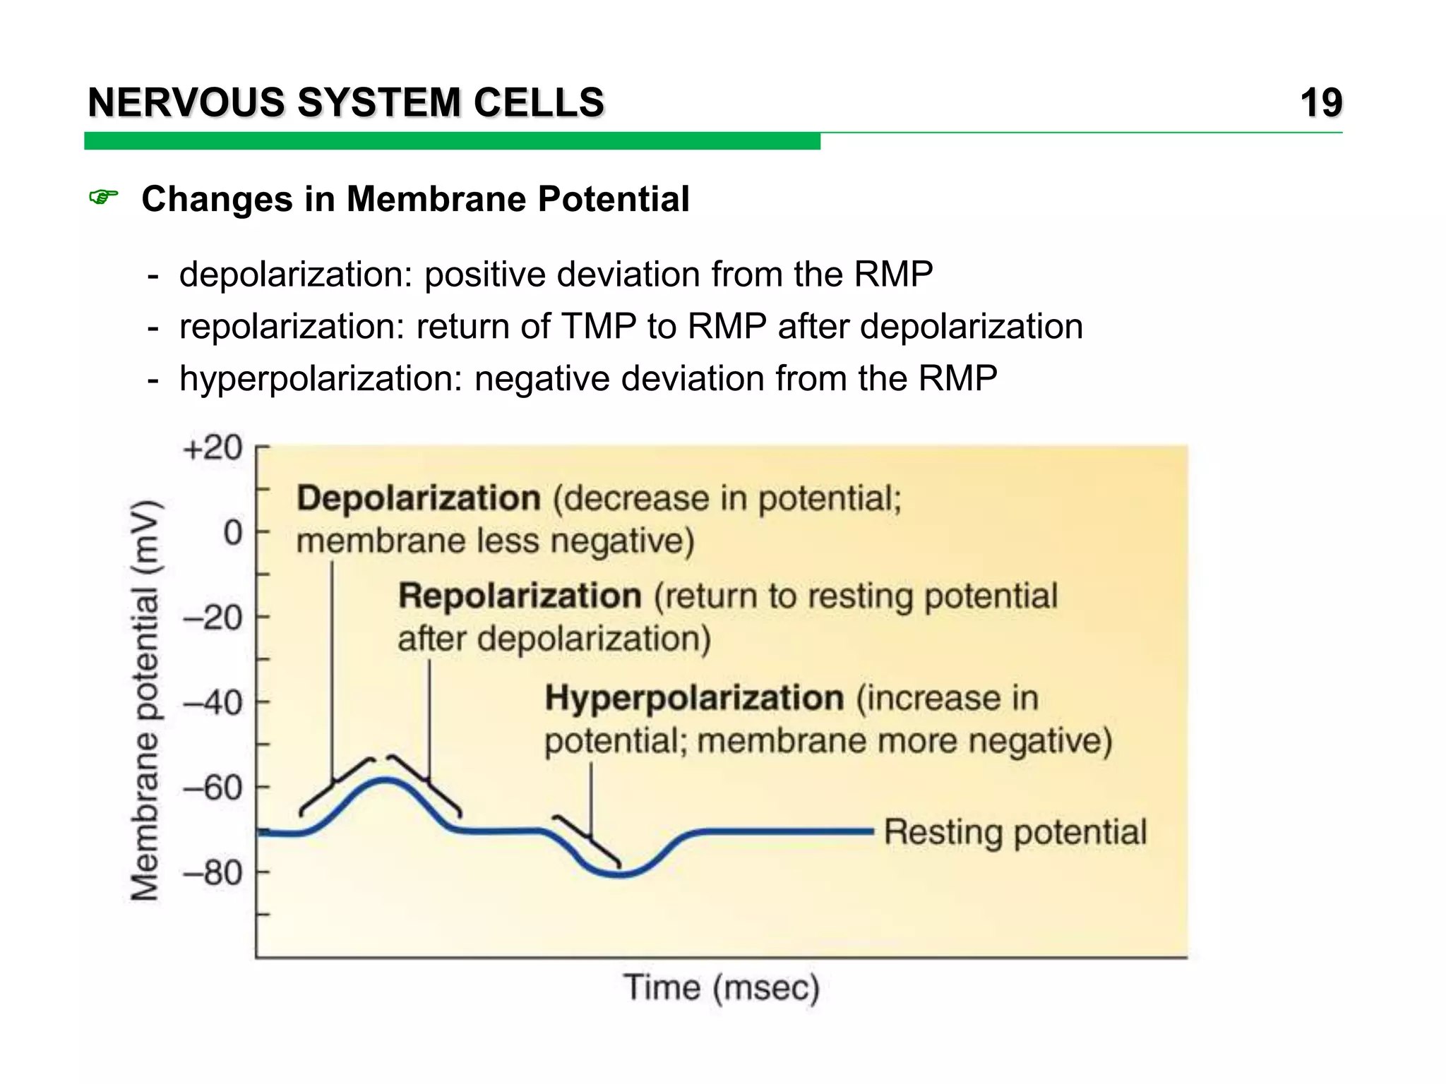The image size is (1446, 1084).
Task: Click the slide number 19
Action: [x=1321, y=103]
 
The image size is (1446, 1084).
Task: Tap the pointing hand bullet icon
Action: [x=103, y=198]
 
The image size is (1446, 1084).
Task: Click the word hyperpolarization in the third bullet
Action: [x=321, y=379]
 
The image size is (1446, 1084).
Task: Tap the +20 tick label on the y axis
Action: [x=213, y=448]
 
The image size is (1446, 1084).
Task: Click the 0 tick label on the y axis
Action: [x=232, y=534]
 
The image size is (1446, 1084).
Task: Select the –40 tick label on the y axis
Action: [x=213, y=703]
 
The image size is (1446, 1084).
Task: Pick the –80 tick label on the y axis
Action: [x=213, y=874]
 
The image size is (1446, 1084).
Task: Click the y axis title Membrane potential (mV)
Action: [x=145, y=700]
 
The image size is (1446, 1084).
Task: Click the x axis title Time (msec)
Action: [x=721, y=987]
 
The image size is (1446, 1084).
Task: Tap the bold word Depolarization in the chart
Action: [x=419, y=498]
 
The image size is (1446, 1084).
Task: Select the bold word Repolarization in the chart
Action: [x=520, y=596]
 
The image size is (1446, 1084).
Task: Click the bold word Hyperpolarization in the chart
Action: [x=694, y=698]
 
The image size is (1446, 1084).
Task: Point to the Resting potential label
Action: [x=1015, y=832]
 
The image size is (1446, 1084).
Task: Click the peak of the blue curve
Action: [x=386, y=779]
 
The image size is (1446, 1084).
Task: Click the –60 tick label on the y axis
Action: [x=213, y=788]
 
